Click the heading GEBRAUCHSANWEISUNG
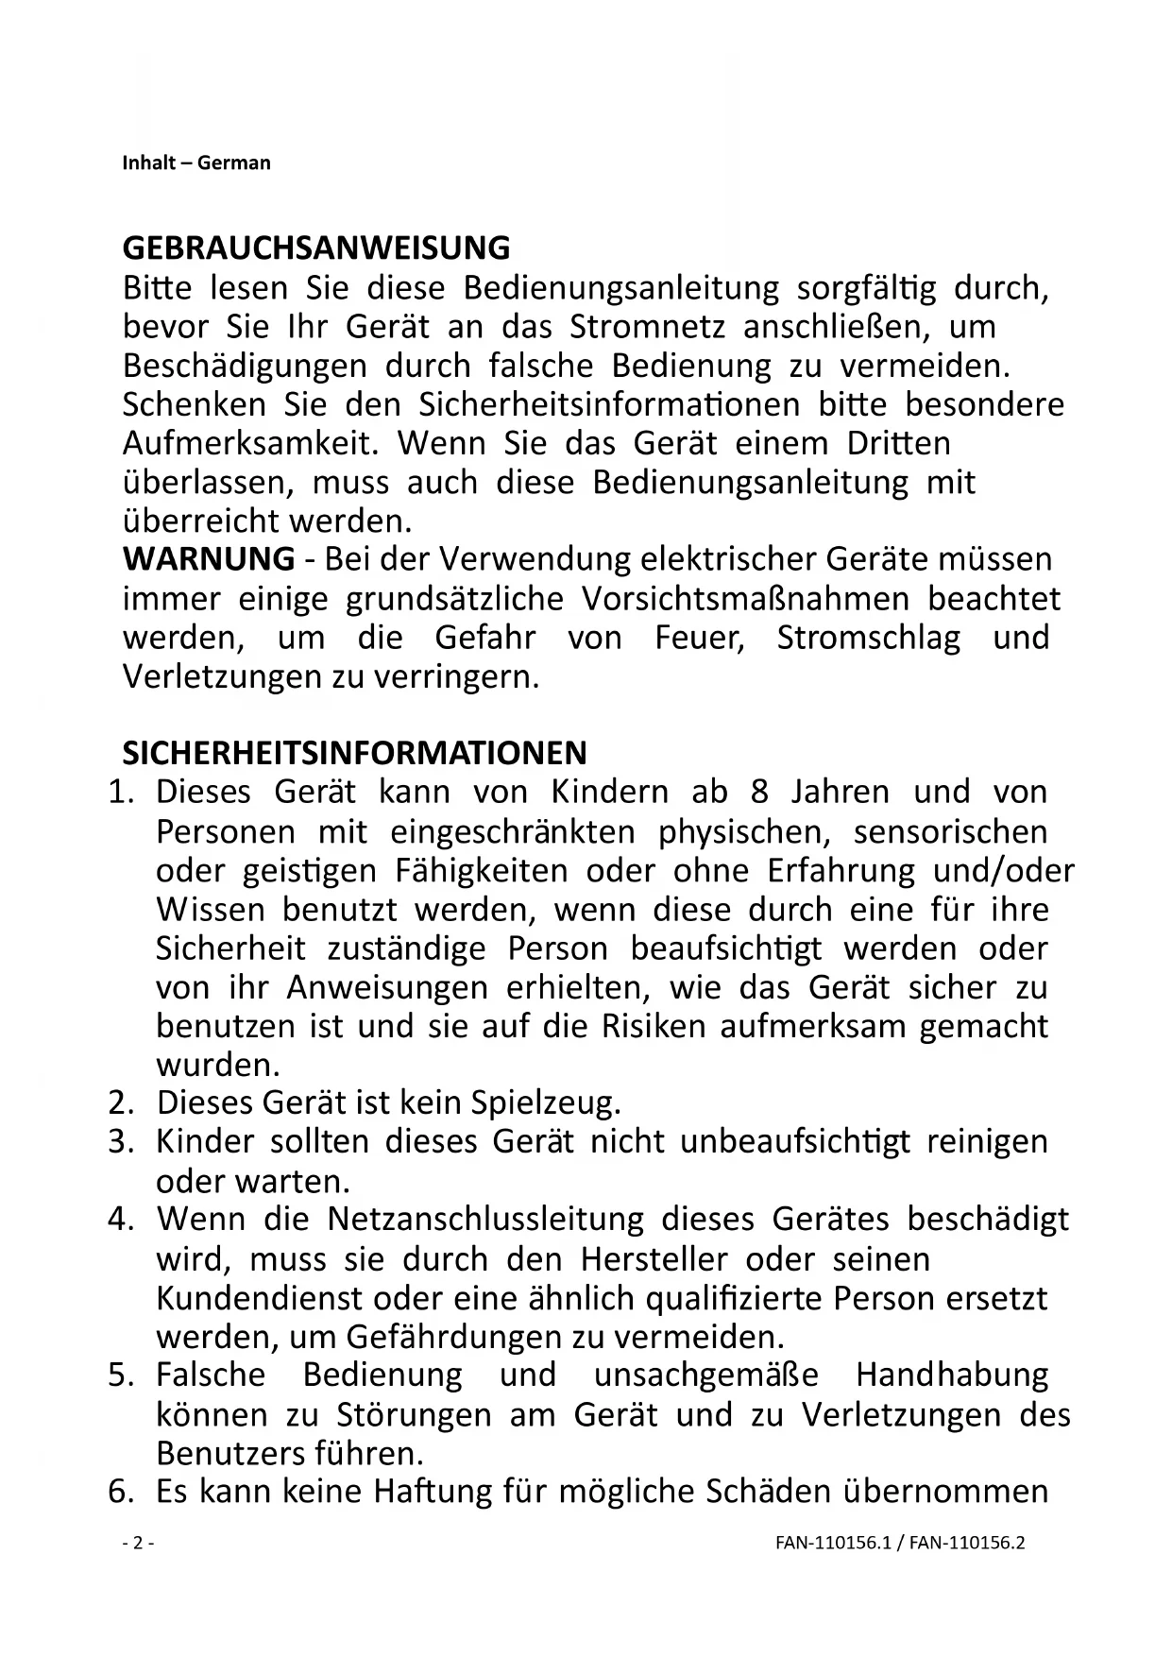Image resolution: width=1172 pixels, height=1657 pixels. (x=315, y=248)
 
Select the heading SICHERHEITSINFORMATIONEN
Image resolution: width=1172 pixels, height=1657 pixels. (x=354, y=753)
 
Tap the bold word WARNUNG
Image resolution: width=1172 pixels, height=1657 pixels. (x=208, y=559)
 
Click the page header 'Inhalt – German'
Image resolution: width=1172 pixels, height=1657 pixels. (x=196, y=162)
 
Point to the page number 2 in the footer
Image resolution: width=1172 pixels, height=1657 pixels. (x=138, y=1544)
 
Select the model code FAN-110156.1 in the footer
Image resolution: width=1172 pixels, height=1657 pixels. (x=833, y=1544)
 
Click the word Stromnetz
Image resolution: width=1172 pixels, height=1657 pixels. (x=647, y=327)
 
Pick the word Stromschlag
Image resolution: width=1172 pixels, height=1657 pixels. (x=868, y=638)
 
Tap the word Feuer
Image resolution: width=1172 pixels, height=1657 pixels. (x=700, y=638)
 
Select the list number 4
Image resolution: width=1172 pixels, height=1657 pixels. (x=120, y=1219)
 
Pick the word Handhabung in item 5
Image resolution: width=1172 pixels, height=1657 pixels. (x=952, y=1375)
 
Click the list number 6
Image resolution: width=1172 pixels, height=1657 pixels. (x=120, y=1492)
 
